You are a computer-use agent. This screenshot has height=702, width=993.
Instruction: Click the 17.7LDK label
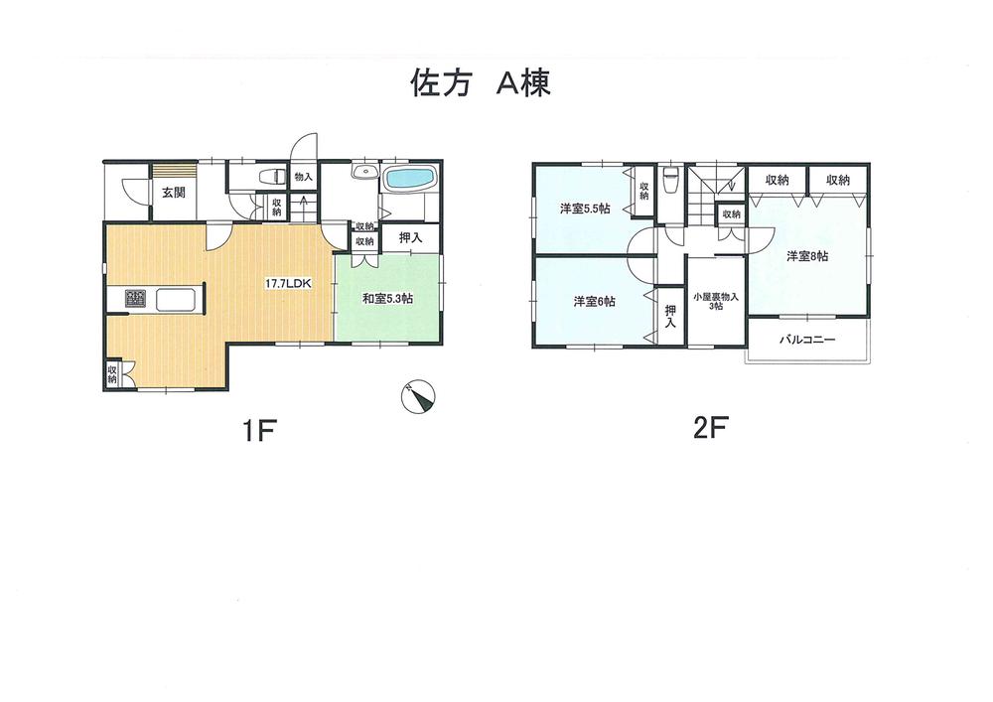click(x=288, y=284)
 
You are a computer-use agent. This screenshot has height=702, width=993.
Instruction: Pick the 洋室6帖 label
click(x=593, y=301)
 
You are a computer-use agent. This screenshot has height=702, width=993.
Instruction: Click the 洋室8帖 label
click(x=807, y=256)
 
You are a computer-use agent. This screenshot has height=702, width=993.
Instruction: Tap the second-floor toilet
click(x=670, y=183)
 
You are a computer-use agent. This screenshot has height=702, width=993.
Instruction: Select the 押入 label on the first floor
click(x=409, y=238)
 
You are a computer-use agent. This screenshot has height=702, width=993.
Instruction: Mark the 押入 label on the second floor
click(x=670, y=317)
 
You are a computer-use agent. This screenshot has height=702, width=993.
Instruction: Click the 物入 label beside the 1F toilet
click(x=303, y=177)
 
